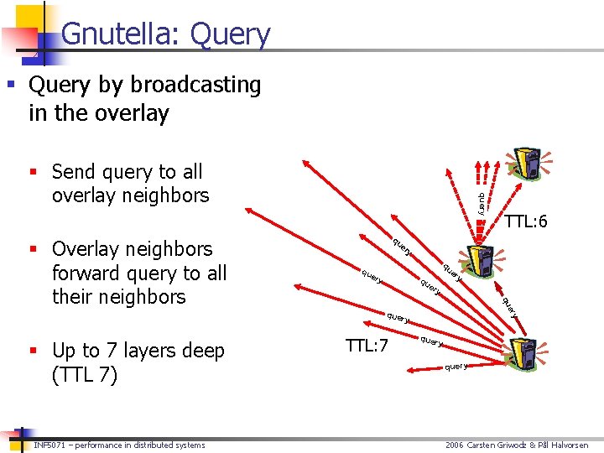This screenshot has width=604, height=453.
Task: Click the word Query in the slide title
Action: (231, 35)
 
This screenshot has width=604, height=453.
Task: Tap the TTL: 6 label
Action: (526, 221)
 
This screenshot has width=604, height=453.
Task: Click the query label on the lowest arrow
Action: (456, 367)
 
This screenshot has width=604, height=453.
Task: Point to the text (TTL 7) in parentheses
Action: (85, 375)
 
